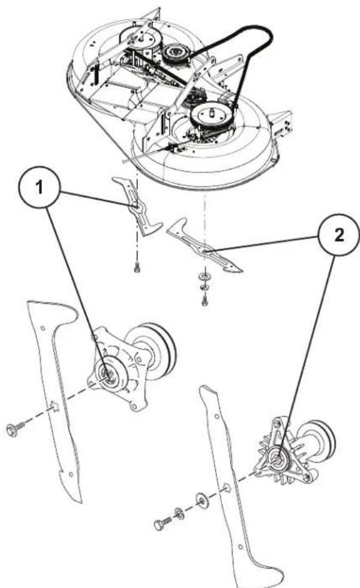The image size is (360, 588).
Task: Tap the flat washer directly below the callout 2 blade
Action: coord(204,276)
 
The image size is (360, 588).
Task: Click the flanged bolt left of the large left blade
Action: coord(14,430)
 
